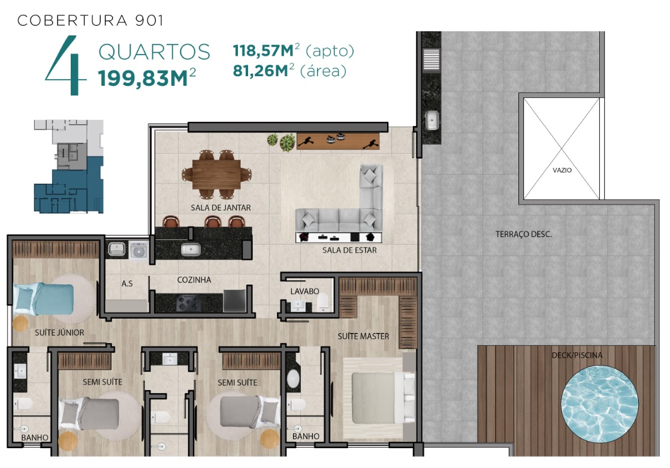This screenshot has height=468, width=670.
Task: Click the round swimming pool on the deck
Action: [x=599, y=403]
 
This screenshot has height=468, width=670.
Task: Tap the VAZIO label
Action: [x=562, y=170]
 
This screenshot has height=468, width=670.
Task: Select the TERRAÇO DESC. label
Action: [x=523, y=235]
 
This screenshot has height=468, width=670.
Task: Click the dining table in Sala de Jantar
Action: [x=216, y=174]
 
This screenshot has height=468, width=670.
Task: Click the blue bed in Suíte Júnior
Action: [x=44, y=299]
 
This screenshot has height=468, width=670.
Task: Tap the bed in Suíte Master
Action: [x=379, y=398]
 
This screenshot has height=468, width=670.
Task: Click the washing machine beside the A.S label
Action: [x=138, y=251]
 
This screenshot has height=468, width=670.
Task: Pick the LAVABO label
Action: [x=304, y=292]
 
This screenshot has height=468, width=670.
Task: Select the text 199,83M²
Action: [x=147, y=78]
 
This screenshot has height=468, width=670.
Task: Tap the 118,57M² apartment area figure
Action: [x=265, y=50]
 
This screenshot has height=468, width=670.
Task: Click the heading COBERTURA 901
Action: [x=90, y=20]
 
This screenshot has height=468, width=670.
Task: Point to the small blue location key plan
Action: [x=69, y=166]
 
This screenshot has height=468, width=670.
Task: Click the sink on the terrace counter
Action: [x=432, y=120]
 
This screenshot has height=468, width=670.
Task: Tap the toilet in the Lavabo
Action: [x=324, y=302]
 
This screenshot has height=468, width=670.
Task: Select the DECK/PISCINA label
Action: [x=577, y=355]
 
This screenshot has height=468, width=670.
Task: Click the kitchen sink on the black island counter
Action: [x=191, y=249]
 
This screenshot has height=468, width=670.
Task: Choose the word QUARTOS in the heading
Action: [x=154, y=52]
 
